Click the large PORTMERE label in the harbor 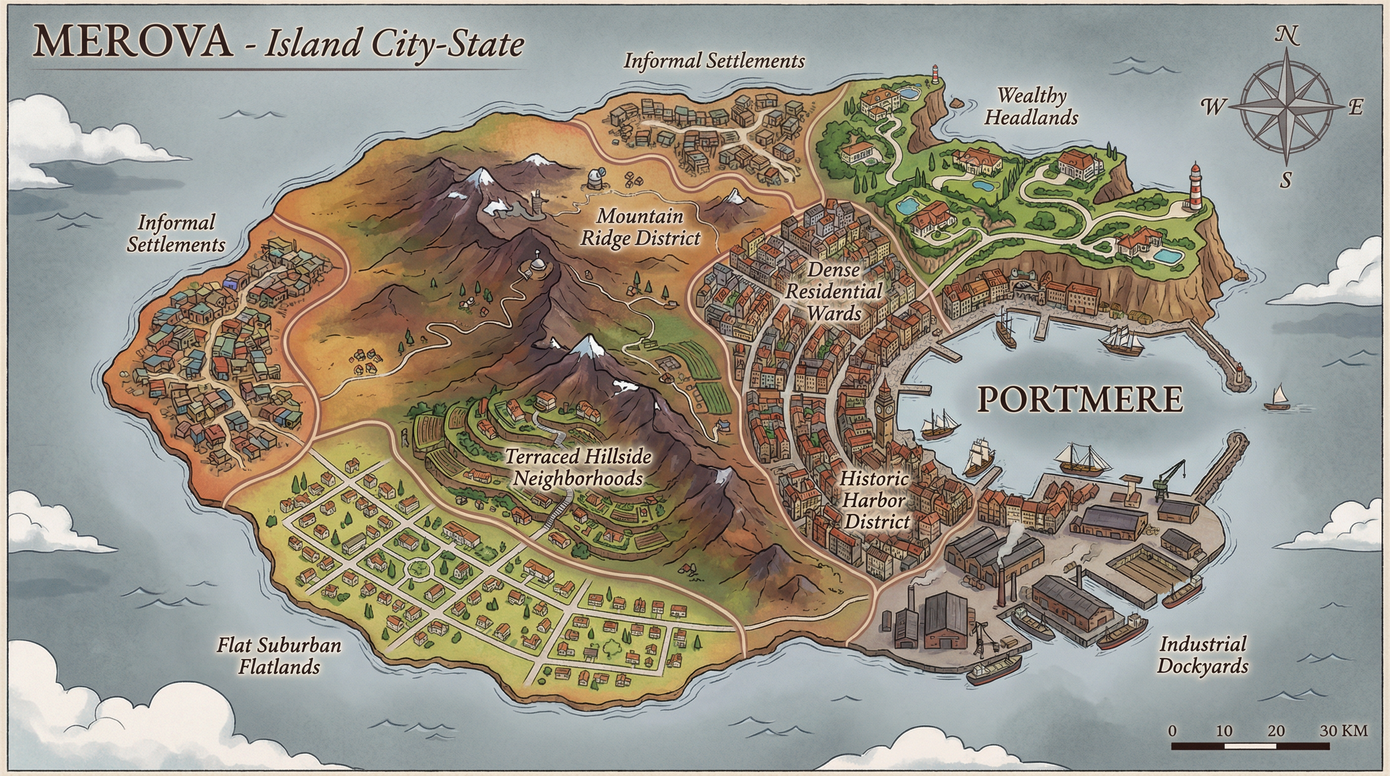(1080, 400)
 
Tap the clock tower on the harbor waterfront (884, 415)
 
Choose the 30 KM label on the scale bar (1344, 731)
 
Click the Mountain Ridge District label (640, 227)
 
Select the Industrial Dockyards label (1203, 655)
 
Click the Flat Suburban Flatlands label (279, 656)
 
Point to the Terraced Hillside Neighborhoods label (578, 467)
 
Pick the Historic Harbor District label (875, 500)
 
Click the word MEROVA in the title (133, 42)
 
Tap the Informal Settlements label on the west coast (176, 233)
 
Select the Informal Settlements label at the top (714, 61)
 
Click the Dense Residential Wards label (834, 292)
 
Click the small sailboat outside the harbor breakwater (1277, 398)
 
